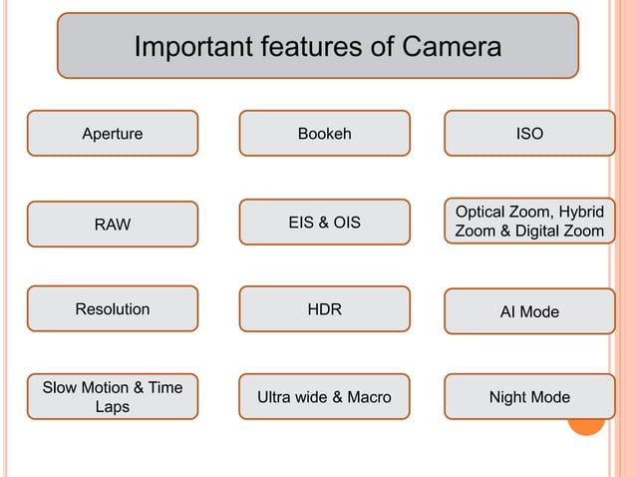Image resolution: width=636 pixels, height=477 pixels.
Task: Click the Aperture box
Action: click(x=112, y=134)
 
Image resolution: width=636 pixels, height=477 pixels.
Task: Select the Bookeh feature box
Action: click(x=324, y=134)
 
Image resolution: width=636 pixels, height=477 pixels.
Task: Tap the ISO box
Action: click(x=529, y=134)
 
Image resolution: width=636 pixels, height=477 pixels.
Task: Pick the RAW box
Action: click(x=112, y=225)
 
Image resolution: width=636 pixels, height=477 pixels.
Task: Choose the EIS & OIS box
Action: click(x=324, y=223)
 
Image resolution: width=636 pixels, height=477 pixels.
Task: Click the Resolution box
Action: click(x=112, y=309)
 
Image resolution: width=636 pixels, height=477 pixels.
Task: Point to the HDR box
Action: click(x=324, y=309)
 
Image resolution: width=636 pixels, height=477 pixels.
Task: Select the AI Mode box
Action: click(x=529, y=312)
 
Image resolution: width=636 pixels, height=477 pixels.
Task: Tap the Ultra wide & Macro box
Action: click(x=324, y=397)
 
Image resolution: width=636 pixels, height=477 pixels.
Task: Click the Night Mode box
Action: click(x=529, y=397)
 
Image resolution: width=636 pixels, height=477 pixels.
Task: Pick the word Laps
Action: click(x=112, y=407)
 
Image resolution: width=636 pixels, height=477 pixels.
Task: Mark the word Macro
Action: click(x=369, y=397)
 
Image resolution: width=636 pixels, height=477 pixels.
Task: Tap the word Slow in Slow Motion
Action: click(x=60, y=387)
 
